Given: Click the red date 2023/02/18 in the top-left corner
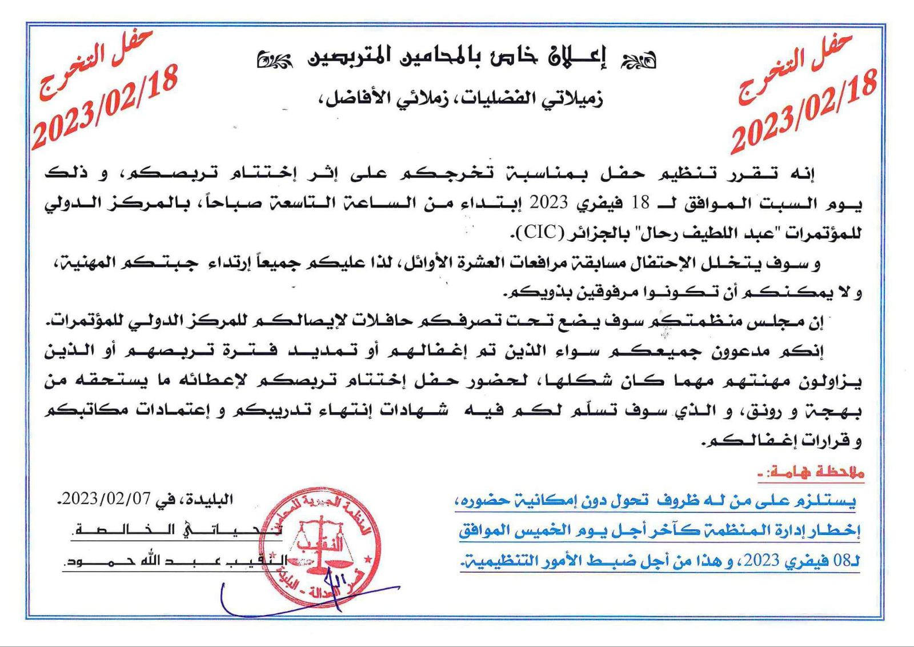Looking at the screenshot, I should (106, 107).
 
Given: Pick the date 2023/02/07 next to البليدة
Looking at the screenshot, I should (106, 499).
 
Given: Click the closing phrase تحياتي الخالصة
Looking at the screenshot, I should (177, 530).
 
